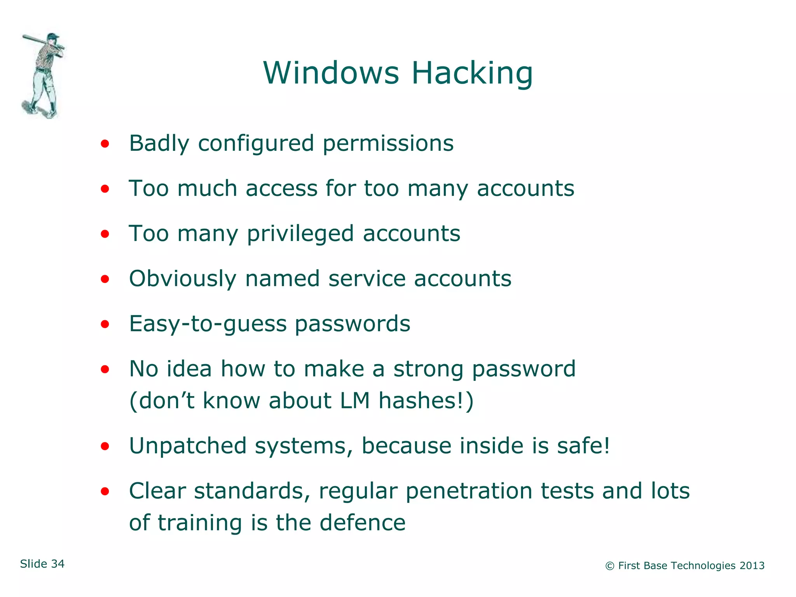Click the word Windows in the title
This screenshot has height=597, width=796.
(x=331, y=73)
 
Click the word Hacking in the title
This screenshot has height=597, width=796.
(x=472, y=73)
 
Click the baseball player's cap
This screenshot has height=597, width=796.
(x=53, y=37)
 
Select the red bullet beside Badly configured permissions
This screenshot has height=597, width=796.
(x=105, y=144)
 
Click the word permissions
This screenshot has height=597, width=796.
(x=388, y=144)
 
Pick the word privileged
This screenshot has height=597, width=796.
(x=300, y=234)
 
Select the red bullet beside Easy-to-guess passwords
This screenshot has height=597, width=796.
(x=105, y=324)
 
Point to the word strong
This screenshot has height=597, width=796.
(x=428, y=369)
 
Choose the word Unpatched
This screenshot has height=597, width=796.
(x=188, y=446)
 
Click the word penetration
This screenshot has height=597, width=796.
(x=468, y=491)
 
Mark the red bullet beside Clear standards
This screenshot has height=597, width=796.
(x=105, y=492)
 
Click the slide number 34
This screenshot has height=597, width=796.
(x=58, y=564)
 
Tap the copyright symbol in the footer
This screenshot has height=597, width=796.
(x=610, y=566)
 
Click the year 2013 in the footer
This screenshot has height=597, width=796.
(x=752, y=566)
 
